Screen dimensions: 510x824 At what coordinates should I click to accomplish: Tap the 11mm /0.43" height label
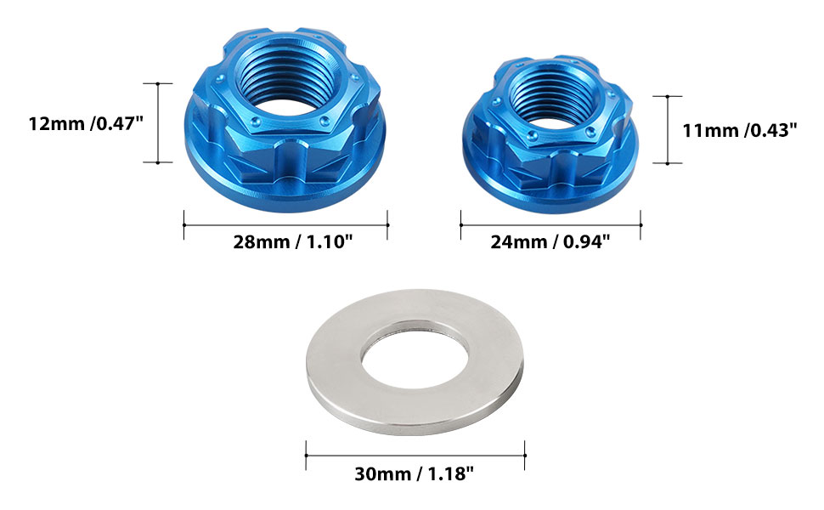coord(739,130)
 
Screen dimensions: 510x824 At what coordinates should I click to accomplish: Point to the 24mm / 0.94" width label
coord(550,241)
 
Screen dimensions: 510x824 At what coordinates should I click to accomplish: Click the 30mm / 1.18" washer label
coord(414,473)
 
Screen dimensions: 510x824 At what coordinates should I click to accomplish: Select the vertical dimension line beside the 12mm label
coord(159,123)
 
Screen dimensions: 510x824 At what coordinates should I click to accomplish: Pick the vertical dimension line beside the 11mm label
coord(669,130)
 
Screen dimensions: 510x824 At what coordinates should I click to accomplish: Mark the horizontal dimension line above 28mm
coord(286,225)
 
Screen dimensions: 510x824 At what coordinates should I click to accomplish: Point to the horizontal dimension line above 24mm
coord(550,225)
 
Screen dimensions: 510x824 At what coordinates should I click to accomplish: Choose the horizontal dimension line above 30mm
coord(415,456)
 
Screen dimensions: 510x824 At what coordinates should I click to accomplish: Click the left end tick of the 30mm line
coord(307,456)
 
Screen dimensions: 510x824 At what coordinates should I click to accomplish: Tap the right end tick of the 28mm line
coord(388,225)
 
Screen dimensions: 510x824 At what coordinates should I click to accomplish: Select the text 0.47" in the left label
coord(118,123)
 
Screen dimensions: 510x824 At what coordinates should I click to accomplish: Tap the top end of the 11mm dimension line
coord(669,96)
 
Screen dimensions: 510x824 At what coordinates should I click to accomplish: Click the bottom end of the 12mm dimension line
coord(159,161)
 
